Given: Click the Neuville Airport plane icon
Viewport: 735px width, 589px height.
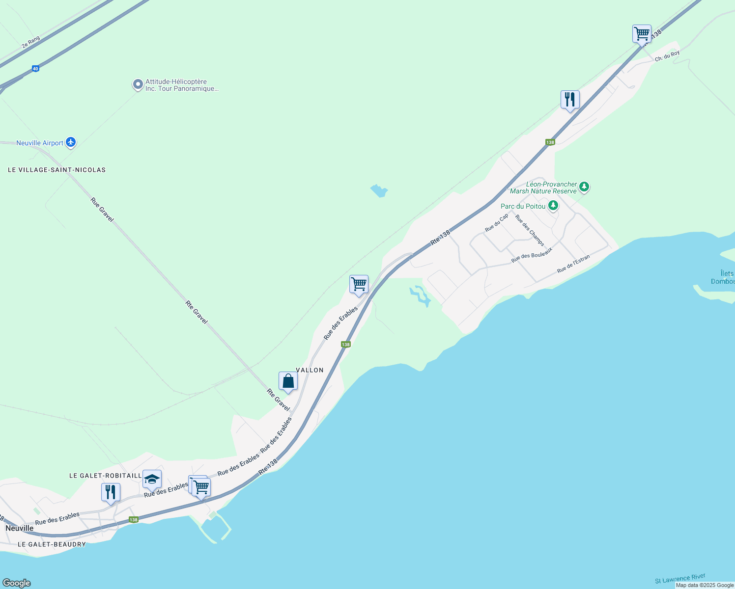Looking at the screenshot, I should tap(71, 142).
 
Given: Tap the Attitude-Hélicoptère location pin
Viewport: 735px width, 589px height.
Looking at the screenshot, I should tap(138, 84).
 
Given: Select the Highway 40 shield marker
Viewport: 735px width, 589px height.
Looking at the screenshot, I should tap(35, 69).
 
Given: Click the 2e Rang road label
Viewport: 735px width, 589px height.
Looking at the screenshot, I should tap(30, 42).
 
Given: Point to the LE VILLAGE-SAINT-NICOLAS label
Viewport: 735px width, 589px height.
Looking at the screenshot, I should tap(57, 170).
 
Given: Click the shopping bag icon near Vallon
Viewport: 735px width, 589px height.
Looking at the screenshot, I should tap(288, 381).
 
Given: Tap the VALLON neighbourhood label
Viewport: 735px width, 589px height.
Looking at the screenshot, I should tap(310, 370).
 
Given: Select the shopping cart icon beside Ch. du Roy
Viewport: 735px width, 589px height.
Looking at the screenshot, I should tap(642, 34).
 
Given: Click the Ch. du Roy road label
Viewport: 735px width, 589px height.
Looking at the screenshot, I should tap(667, 56).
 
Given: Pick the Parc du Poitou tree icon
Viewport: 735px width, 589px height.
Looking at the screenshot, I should tap(553, 206).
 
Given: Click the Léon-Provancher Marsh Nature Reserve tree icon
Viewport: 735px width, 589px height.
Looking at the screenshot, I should tap(584, 187).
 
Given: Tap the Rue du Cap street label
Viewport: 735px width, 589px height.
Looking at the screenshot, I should tap(497, 222).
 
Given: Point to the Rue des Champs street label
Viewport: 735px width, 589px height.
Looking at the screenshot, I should tap(530, 230).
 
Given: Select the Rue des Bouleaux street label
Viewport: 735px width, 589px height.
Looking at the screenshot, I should tap(532, 255).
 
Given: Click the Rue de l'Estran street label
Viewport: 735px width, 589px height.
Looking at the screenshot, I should tap(573, 264).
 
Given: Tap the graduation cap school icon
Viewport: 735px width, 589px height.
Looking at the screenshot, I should tap(152, 479).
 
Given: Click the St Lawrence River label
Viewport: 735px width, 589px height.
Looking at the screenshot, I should tap(680, 579).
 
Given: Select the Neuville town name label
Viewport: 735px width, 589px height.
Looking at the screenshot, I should tap(20, 528).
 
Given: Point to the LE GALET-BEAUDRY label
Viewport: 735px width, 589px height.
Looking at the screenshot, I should tap(52, 544).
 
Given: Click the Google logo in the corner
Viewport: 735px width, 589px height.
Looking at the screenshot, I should tap(17, 583).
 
